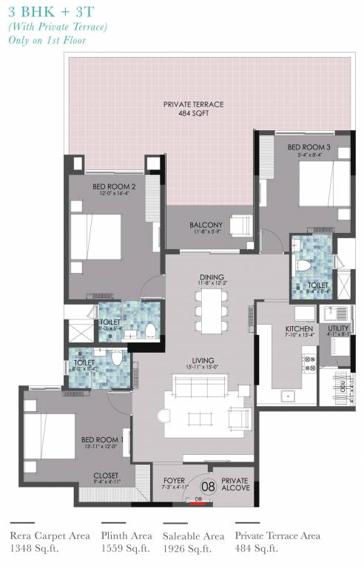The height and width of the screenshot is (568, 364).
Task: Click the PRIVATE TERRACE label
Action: click(x=193, y=105)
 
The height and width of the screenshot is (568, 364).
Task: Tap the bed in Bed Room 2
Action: click(x=95, y=237)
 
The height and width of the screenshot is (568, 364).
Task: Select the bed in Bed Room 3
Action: click(x=324, y=185)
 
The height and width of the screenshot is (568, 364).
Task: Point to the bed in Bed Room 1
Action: click(x=50, y=436)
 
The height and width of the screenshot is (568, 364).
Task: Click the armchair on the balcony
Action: click(x=240, y=224)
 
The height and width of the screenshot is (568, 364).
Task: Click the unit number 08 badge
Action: click(x=209, y=486)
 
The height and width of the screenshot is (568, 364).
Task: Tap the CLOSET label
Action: click(x=105, y=476)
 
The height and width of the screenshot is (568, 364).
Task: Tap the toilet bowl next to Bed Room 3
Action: click(x=302, y=264)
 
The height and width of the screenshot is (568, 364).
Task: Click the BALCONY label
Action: click(x=206, y=225)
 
